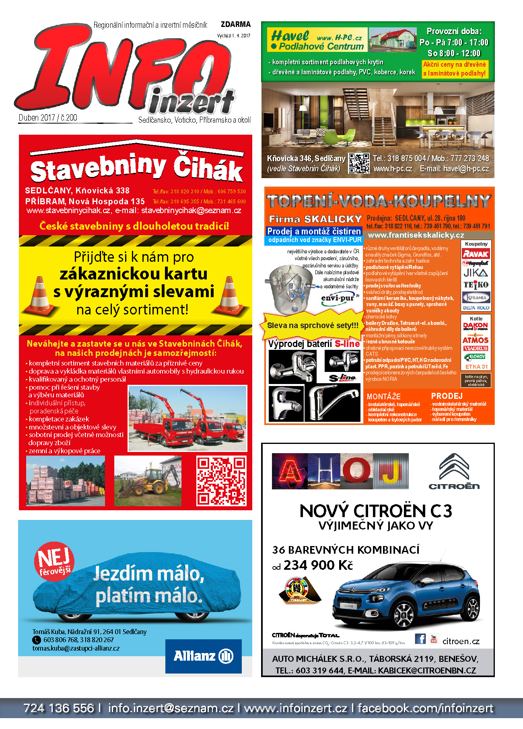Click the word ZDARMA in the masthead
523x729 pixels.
click(x=235, y=25)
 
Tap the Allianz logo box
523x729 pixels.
click(x=203, y=656)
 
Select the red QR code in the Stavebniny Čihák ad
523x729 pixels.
click(x=221, y=481)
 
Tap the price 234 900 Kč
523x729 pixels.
click(x=318, y=565)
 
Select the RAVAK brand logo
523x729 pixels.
click(x=476, y=254)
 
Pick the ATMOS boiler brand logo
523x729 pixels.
click(x=476, y=340)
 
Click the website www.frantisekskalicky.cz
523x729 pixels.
click(x=416, y=235)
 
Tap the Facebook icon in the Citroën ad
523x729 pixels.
click(x=420, y=639)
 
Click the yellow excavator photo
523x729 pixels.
click(x=148, y=481)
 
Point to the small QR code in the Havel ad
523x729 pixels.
click(x=358, y=163)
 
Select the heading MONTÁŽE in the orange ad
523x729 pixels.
click(x=383, y=396)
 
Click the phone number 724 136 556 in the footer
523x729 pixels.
click(x=59, y=708)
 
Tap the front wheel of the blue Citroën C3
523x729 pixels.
click(x=404, y=615)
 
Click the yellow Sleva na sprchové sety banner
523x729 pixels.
click(x=313, y=325)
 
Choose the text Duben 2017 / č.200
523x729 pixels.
click(x=48, y=118)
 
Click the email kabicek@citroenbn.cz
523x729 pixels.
click(x=427, y=671)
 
